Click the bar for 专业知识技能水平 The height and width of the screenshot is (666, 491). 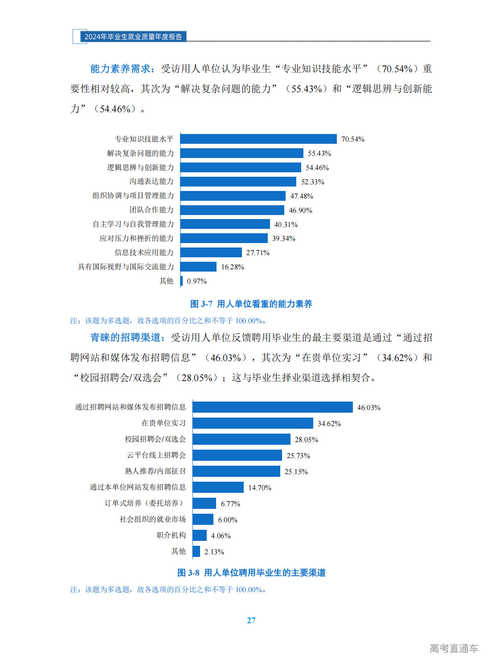pyautogui.click(x=258, y=139)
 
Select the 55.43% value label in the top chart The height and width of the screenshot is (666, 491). pyautogui.click(x=319, y=154)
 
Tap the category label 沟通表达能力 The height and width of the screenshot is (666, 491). pyautogui.click(x=151, y=181)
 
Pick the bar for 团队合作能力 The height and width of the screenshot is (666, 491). pyautogui.click(x=232, y=210)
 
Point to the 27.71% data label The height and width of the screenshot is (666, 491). pyautogui.click(x=258, y=253)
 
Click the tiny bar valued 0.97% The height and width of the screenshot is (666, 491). pyautogui.click(x=181, y=281)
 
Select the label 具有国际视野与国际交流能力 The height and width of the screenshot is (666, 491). pyautogui.click(x=126, y=267)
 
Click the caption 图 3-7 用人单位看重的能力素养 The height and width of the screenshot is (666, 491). pyautogui.click(x=251, y=304)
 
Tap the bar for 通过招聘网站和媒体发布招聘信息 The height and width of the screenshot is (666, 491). pyautogui.click(x=273, y=407)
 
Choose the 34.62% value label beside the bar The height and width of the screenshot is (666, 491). pyautogui.click(x=329, y=424)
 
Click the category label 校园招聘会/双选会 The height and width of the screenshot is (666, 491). pyautogui.click(x=155, y=439)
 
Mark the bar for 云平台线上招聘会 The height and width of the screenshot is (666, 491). pyautogui.click(x=237, y=455)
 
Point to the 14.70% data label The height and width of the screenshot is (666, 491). pyautogui.click(x=259, y=488)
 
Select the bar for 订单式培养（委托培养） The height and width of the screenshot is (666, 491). pyautogui.click(x=205, y=504)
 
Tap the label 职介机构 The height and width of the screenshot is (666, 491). pyautogui.click(x=171, y=535)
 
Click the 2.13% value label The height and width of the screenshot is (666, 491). pyautogui.click(x=214, y=552)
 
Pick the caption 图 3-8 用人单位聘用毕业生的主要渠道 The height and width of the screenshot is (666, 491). pyautogui.click(x=251, y=573)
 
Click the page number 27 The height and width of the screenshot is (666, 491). pyautogui.click(x=251, y=620)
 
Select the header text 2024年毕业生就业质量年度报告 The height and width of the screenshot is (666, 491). pyautogui.click(x=133, y=37)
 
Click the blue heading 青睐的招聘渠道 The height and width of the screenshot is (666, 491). pyautogui.click(x=125, y=338)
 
